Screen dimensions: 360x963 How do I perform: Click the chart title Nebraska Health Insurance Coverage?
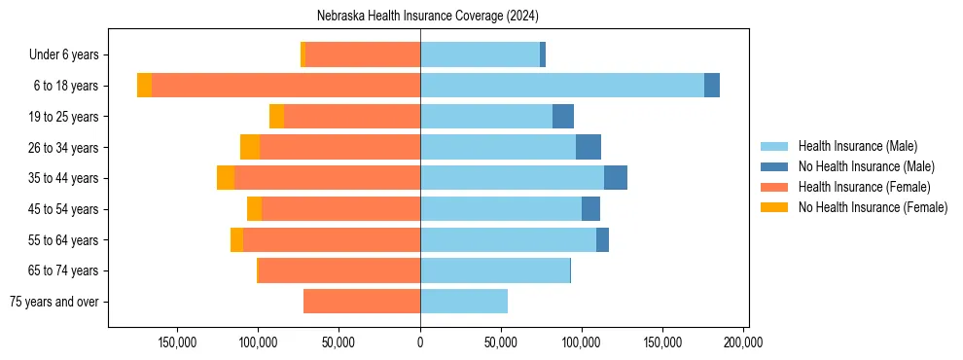(428, 17)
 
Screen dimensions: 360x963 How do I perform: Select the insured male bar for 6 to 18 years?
(562, 86)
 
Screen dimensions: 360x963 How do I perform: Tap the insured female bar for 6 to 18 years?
(286, 86)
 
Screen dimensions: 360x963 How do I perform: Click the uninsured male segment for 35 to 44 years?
(616, 178)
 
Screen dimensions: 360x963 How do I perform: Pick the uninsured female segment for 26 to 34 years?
(250, 147)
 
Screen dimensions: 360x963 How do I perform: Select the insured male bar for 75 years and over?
(464, 302)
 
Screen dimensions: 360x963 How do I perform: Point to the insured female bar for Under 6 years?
(363, 54)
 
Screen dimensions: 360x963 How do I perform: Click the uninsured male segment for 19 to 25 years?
(563, 117)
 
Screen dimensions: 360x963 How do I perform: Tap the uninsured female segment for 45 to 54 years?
(254, 209)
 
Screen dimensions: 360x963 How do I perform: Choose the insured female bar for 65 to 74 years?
(339, 270)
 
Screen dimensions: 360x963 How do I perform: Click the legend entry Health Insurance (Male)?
(856, 146)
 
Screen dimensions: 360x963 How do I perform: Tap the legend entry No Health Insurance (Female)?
(871, 207)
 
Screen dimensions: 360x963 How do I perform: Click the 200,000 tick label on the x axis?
(743, 342)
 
